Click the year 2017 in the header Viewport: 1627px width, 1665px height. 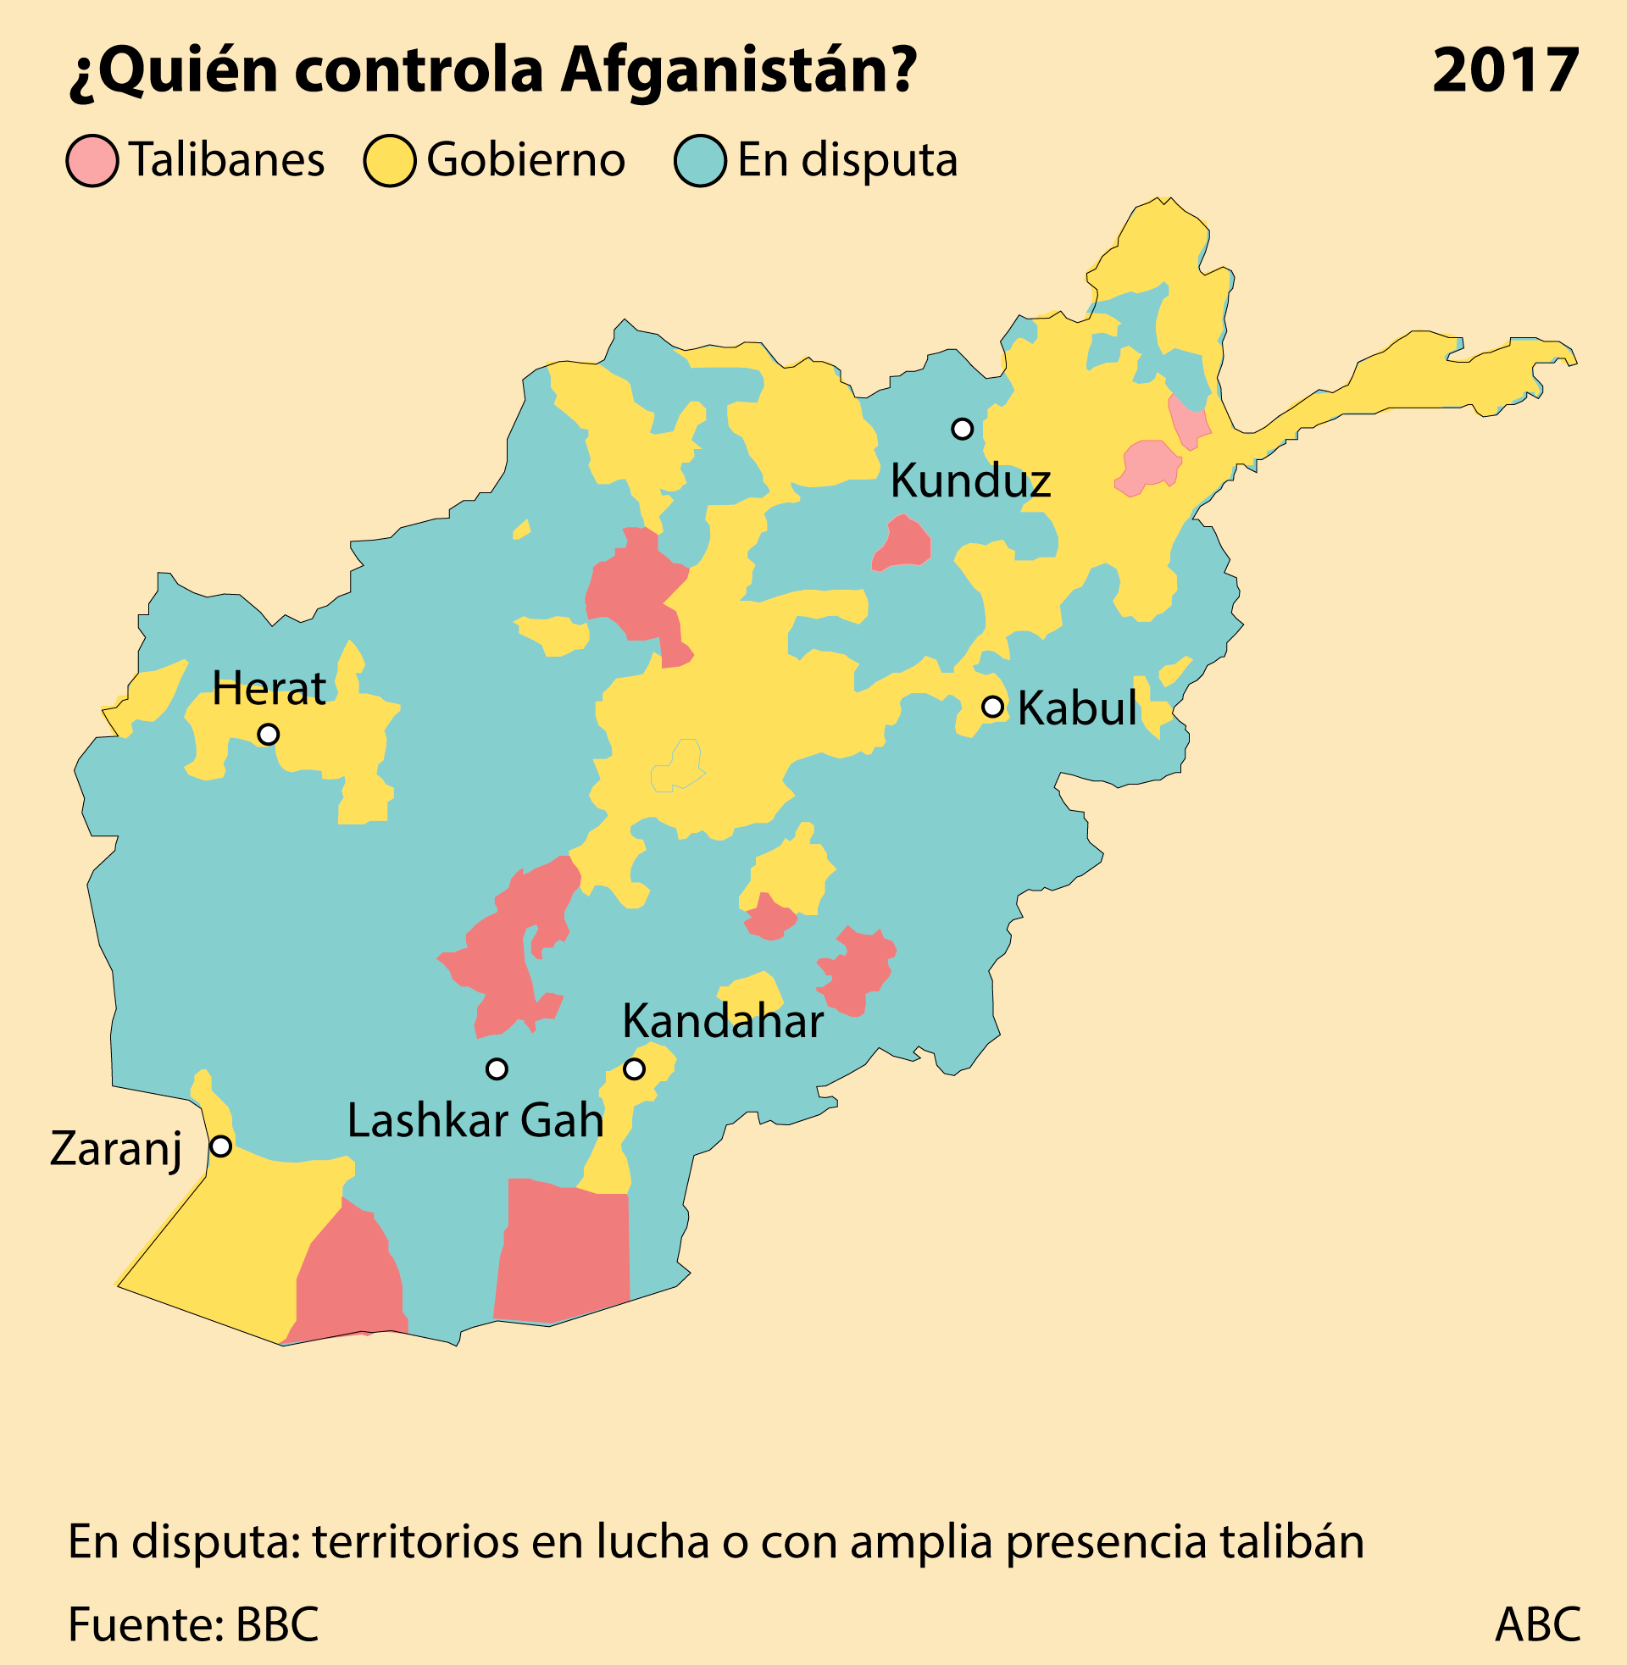point(1505,70)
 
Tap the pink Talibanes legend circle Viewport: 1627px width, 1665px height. point(92,161)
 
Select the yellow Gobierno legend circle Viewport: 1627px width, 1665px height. point(390,161)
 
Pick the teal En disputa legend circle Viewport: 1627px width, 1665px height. point(700,161)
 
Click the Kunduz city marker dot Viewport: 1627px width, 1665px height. point(962,429)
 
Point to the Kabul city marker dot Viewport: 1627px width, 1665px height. point(992,707)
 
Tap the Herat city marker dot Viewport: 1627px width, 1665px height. point(269,734)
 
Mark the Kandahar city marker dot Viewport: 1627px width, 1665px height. point(634,1068)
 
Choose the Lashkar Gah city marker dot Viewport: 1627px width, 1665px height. point(497,1068)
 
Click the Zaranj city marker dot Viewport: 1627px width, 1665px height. point(220,1146)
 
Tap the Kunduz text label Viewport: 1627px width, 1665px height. point(970,481)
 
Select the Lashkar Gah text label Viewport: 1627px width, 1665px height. point(475,1121)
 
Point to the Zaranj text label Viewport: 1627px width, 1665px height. point(116,1149)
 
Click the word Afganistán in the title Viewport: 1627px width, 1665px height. point(738,70)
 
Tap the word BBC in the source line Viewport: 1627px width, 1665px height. point(277,1625)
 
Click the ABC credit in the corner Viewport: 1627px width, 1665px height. point(1536,1625)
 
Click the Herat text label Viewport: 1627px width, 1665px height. point(269,688)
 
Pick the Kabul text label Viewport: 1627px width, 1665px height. point(1077,708)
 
